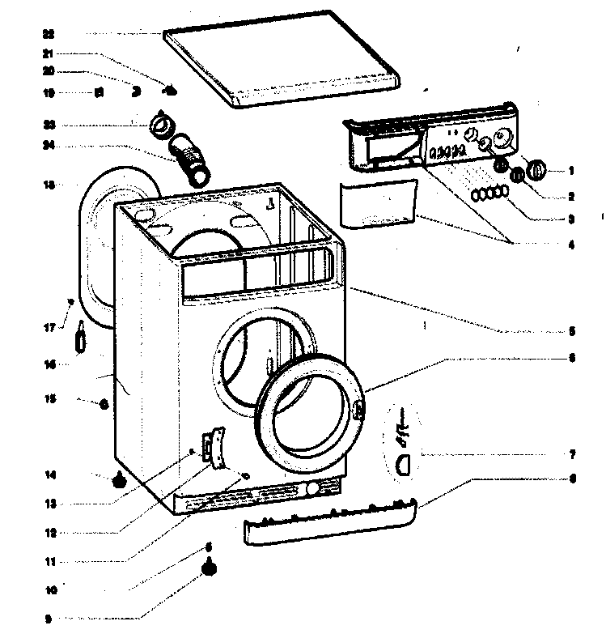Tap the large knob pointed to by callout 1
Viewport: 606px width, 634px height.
click(536, 170)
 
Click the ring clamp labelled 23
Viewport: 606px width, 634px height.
click(163, 125)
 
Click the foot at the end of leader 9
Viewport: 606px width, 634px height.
click(210, 568)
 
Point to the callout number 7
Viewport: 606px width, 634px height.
click(571, 454)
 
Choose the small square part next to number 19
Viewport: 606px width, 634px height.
click(99, 93)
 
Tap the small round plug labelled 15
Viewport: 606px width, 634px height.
click(104, 405)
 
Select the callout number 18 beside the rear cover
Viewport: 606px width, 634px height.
click(49, 185)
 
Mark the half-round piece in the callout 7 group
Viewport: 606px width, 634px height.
click(405, 463)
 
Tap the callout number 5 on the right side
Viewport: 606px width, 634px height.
click(571, 331)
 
